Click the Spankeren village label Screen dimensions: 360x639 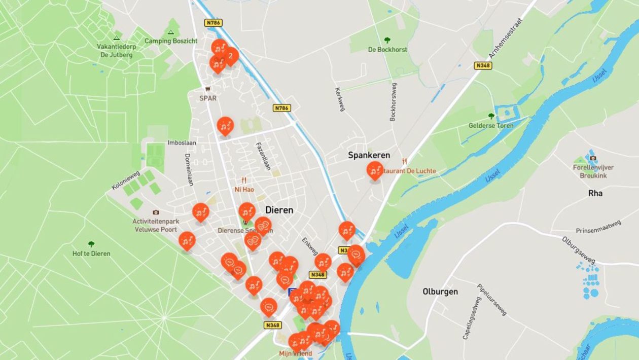(369, 155)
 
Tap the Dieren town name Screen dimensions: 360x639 (279, 210)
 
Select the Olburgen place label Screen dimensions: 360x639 (440, 292)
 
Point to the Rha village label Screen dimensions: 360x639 (595, 193)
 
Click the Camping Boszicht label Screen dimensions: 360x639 (171, 41)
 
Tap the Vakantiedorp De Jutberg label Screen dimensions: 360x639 (117, 50)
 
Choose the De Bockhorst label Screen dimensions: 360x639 (387, 50)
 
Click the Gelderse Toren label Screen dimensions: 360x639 (491, 125)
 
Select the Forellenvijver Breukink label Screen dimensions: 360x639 (593, 171)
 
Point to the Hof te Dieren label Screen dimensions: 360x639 (91, 254)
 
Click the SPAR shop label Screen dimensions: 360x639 (207, 98)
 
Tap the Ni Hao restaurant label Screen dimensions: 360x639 (244, 189)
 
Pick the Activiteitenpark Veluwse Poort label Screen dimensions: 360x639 (155, 225)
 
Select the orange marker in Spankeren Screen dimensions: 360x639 (375, 170)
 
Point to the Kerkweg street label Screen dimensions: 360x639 (340, 99)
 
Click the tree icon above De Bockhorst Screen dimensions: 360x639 (387, 40)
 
